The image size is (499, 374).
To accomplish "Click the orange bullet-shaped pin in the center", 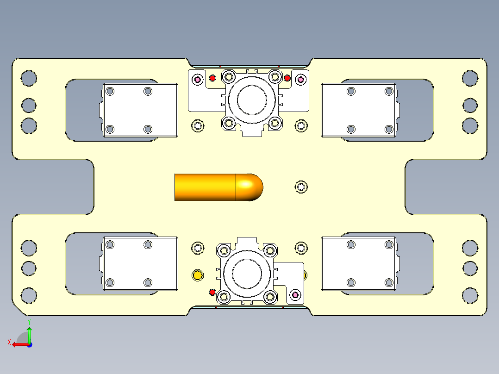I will tap(208, 187).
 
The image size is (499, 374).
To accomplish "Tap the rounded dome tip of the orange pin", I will tap(252, 187).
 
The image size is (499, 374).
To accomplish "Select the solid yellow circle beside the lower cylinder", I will tap(198, 275).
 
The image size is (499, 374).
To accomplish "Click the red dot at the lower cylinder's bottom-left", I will tap(212, 292).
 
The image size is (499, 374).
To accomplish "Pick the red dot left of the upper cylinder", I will tap(212, 78).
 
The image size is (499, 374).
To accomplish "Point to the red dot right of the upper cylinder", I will tap(287, 78).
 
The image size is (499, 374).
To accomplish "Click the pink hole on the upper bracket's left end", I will tap(198, 80).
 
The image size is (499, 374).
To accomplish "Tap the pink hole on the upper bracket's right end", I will tap(300, 80).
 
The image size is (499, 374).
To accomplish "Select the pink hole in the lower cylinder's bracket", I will tap(294, 294).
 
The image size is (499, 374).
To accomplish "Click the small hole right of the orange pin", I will tap(301, 187).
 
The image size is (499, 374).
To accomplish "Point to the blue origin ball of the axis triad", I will tap(29, 344).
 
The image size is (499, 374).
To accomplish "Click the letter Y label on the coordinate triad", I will tap(29, 321).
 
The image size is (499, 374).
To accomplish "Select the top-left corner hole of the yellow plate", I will tap(29, 78).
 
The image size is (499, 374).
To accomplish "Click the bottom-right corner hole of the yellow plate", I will tap(470, 295).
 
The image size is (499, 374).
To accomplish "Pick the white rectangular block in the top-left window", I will tap(140, 110).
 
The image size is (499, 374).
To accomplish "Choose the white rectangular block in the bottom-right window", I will tap(359, 264).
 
